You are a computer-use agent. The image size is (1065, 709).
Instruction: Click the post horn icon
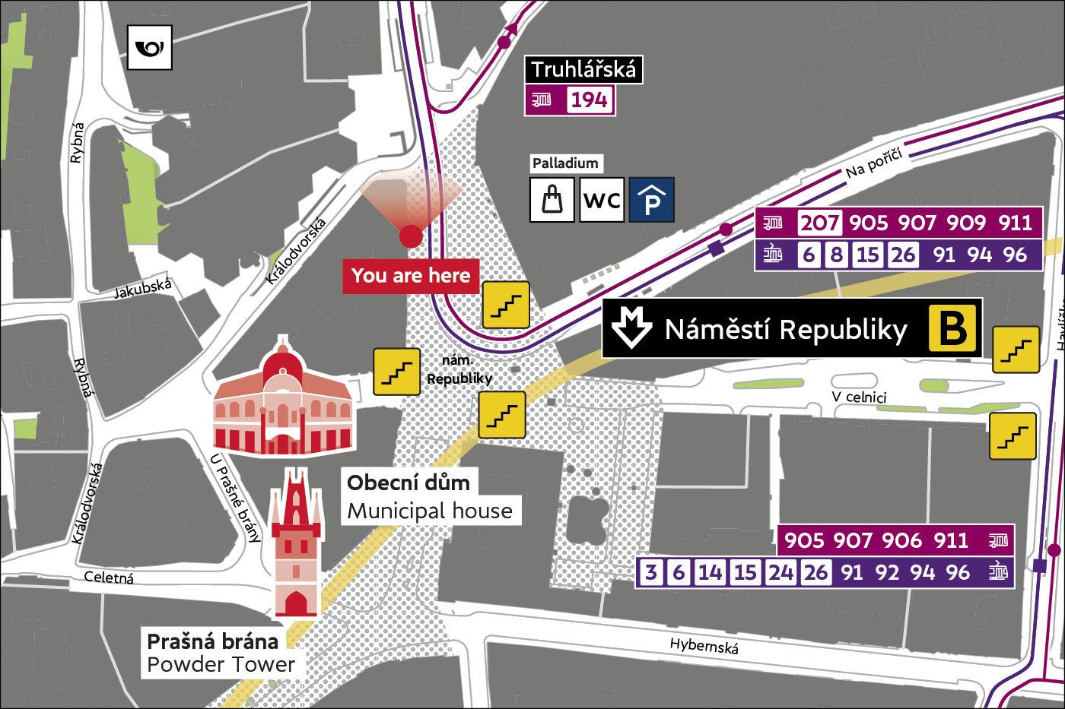point(149,48)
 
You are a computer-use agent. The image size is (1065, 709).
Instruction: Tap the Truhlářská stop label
point(583,70)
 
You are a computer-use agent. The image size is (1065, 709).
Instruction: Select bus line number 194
point(590,100)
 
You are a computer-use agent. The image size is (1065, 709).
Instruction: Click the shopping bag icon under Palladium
point(552,200)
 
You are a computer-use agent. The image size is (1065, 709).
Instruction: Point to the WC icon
point(602,200)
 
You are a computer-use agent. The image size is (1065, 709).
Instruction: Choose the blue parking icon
point(651,200)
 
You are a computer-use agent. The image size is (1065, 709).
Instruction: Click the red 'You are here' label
point(411,275)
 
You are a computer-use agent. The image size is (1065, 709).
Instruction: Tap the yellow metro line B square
point(952,328)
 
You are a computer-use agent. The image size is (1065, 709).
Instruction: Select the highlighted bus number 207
point(819,223)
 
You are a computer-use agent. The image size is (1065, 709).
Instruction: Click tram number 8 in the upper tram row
point(837,255)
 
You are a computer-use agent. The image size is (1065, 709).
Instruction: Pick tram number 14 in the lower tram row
point(710,571)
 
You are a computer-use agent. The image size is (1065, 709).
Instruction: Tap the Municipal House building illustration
point(283,401)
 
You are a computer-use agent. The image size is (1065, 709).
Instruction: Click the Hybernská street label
point(704,646)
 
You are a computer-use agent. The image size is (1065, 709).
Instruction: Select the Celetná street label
point(109,578)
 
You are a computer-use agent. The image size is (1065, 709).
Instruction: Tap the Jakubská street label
point(143,289)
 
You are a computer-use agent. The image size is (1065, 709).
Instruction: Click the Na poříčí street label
point(874,163)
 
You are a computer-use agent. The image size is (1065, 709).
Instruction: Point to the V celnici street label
point(859,397)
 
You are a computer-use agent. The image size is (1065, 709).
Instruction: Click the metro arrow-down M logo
point(631,328)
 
